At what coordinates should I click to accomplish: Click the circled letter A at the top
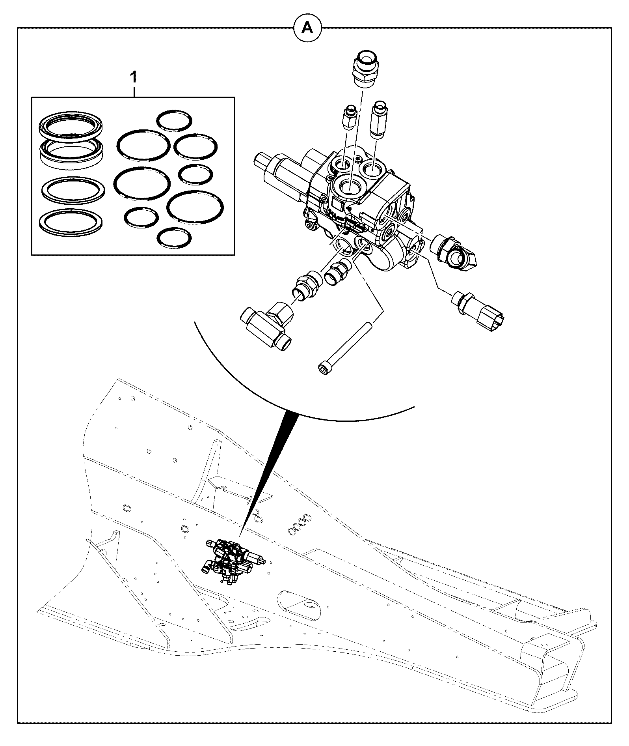tap(307, 28)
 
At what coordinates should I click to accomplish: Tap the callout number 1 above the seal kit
tap(134, 77)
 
